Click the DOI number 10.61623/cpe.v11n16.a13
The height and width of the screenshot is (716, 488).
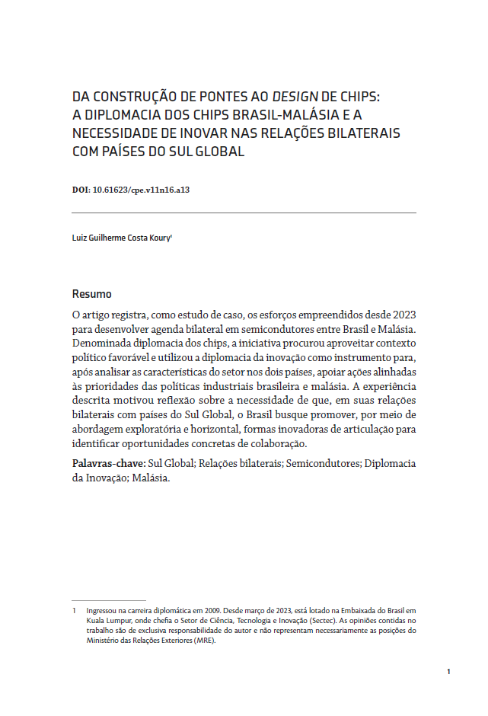point(140,190)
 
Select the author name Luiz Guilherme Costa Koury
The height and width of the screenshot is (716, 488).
point(120,238)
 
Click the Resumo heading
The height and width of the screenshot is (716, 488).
point(91,294)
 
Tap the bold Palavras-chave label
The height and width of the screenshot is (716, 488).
point(108,463)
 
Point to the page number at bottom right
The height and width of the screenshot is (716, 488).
point(449,671)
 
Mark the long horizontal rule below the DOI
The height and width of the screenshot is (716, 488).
point(244,213)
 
